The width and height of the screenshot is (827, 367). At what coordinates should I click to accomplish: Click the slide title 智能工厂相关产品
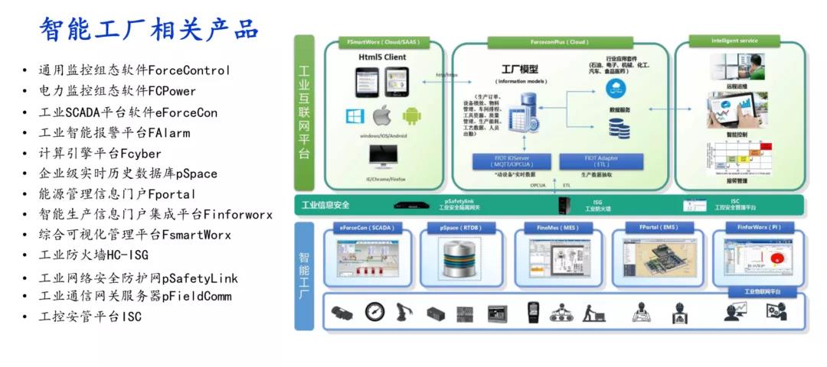150,29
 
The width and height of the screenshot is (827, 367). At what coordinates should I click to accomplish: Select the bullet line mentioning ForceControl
135,70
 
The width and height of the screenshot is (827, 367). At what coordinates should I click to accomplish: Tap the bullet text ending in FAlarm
115,133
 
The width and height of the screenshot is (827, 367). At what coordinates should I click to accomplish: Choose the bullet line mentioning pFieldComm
135,296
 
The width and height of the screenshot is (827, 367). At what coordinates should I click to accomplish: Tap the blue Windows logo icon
355,116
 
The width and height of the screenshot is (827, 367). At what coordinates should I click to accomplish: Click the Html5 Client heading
382,57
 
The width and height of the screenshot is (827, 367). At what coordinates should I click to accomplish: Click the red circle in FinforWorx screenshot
773,253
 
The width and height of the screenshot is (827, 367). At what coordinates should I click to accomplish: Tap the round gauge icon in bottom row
374,312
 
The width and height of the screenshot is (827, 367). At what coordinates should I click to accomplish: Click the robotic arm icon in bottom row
404,312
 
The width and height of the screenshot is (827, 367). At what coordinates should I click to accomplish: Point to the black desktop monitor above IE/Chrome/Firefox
382,156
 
